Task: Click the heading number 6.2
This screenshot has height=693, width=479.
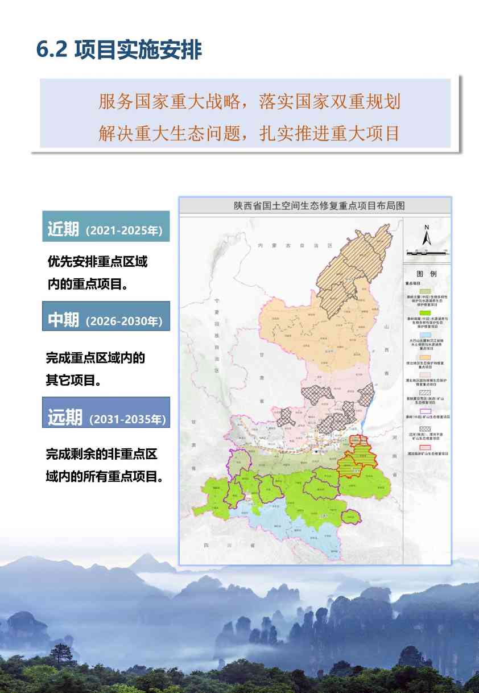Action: click(52, 50)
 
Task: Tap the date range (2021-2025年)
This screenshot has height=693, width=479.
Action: click(123, 231)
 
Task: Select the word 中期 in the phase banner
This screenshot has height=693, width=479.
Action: click(63, 320)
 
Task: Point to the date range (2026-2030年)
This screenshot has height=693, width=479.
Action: click(123, 321)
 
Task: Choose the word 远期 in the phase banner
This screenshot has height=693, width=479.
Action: click(65, 418)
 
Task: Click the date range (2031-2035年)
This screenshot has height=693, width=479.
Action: click(127, 419)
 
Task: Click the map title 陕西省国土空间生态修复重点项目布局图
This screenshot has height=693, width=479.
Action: click(315, 206)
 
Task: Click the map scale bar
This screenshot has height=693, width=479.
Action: click(427, 250)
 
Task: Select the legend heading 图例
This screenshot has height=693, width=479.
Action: click(427, 274)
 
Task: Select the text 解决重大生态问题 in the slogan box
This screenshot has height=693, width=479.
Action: click(171, 133)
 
